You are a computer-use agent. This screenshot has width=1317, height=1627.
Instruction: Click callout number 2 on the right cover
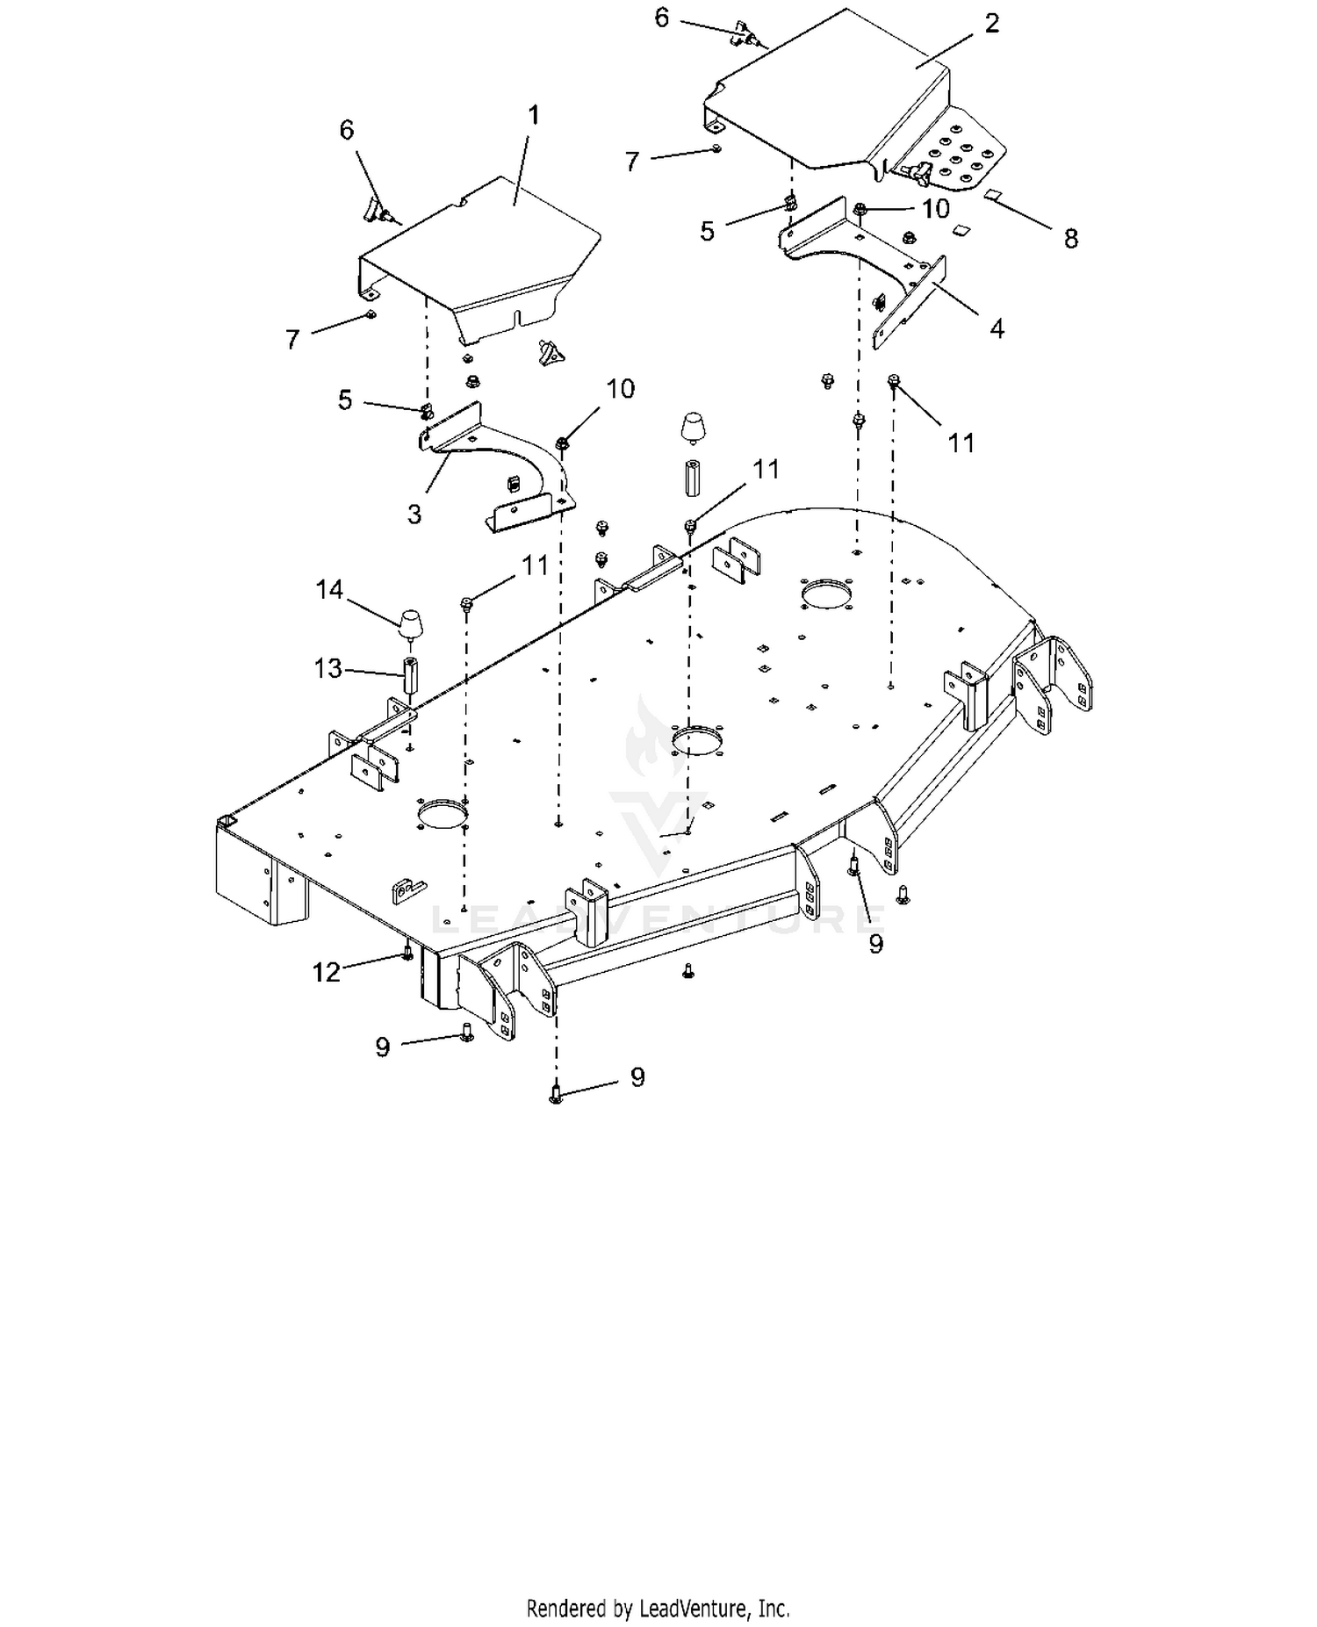click(x=992, y=24)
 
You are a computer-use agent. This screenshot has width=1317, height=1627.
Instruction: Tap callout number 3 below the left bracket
click(x=414, y=514)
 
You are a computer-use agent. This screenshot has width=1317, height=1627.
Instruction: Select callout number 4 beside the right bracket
click(x=997, y=328)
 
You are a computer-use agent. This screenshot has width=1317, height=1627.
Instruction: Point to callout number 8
click(x=1070, y=238)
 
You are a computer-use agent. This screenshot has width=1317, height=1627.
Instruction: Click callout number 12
click(x=327, y=972)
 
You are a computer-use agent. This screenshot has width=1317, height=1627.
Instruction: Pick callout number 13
click(x=328, y=669)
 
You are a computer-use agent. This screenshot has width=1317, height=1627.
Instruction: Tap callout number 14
click(x=329, y=590)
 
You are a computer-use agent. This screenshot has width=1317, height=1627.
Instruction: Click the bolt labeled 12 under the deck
click(x=407, y=953)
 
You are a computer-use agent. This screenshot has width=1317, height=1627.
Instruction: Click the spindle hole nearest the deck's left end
click(x=443, y=813)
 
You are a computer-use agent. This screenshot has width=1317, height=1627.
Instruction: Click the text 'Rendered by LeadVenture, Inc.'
click(x=658, y=1609)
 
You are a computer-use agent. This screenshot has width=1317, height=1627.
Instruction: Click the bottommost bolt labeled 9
click(x=556, y=1093)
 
